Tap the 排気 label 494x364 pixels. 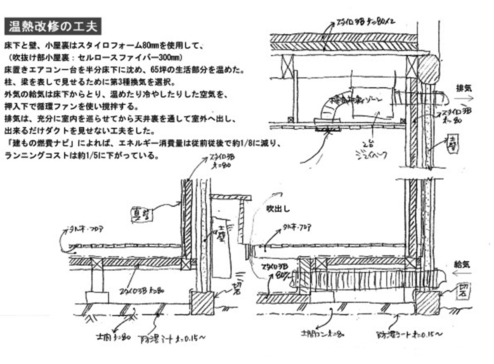464,88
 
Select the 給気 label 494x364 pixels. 463,263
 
